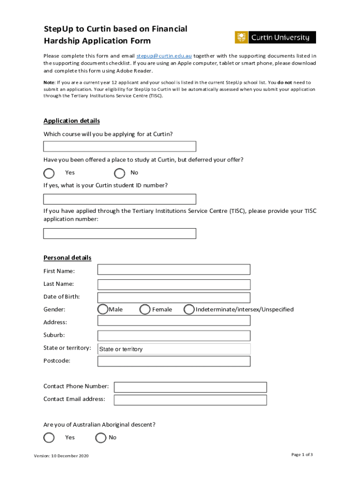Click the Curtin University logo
pos(275,37)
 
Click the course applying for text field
pos(120,146)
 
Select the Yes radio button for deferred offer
pos(49,174)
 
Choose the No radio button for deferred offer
pos(120,174)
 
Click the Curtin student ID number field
pos(120,199)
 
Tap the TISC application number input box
pos(120,233)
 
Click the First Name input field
pos(173,269)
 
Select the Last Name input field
pos(173,284)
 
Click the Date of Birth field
pos(173,298)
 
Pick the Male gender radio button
pos(102,310)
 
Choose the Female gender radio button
pos(145,310)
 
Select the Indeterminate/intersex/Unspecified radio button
pos(189,310)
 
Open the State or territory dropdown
pos(173,349)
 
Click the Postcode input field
pos(173,361)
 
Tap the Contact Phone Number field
pos(190,387)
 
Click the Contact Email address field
pos(190,400)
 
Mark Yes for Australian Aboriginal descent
pos(49,438)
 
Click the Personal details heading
pos(67,258)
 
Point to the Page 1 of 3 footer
pos(302,455)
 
